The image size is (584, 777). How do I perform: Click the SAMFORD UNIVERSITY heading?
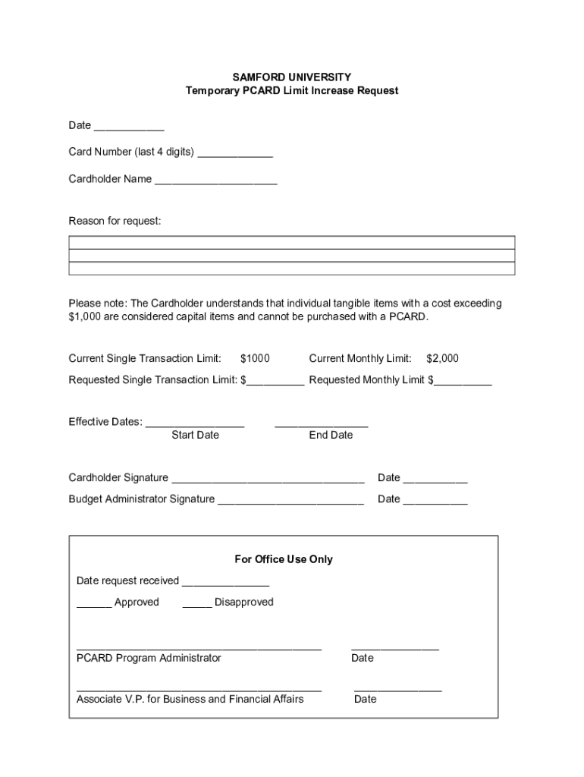[292, 77]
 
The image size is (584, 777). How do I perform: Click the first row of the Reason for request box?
[292, 242]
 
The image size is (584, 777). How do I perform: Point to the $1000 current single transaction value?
[255, 358]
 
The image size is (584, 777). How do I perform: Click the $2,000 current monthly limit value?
[442, 358]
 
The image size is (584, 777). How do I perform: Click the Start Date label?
[195, 435]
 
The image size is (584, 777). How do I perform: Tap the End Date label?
[331, 435]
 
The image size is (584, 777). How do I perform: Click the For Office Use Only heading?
[284, 559]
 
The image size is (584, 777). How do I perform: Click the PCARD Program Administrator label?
[149, 658]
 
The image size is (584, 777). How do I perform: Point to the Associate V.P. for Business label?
[190, 699]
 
